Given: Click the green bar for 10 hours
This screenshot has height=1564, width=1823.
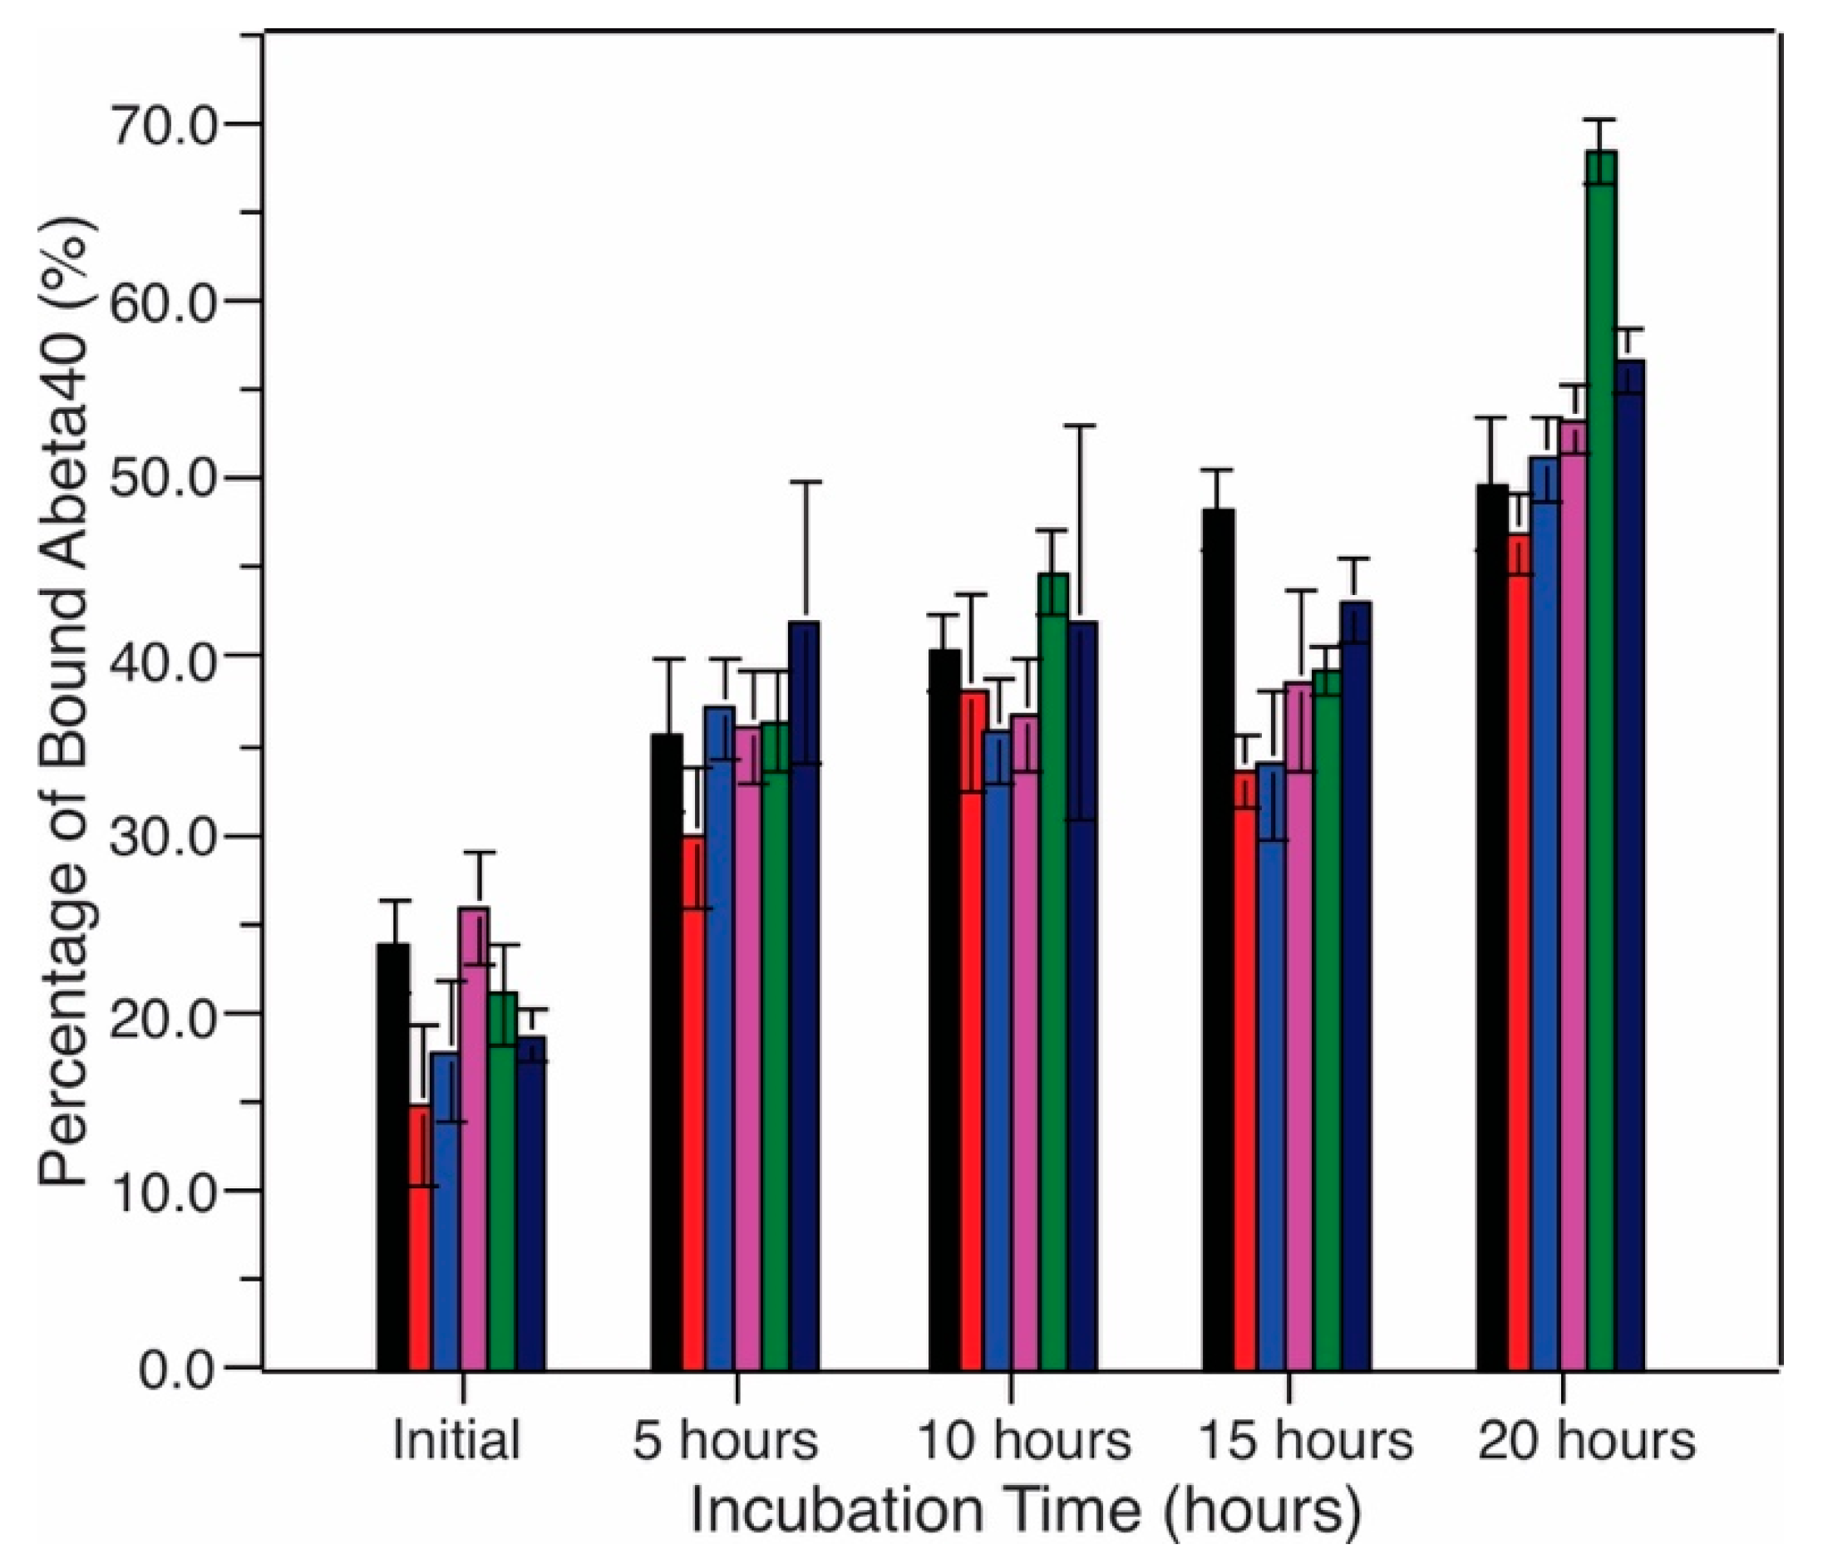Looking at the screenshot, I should tap(1053, 967).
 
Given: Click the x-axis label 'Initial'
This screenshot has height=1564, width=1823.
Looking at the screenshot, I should tap(456, 1440).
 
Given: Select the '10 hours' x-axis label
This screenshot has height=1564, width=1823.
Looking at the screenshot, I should tap(1023, 1440).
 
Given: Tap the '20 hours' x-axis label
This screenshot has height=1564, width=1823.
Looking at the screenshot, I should tap(1586, 1440).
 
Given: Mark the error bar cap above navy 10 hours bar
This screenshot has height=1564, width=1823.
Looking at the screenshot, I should tap(1081, 425).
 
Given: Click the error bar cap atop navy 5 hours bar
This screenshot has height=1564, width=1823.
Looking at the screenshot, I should tap(805, 482).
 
